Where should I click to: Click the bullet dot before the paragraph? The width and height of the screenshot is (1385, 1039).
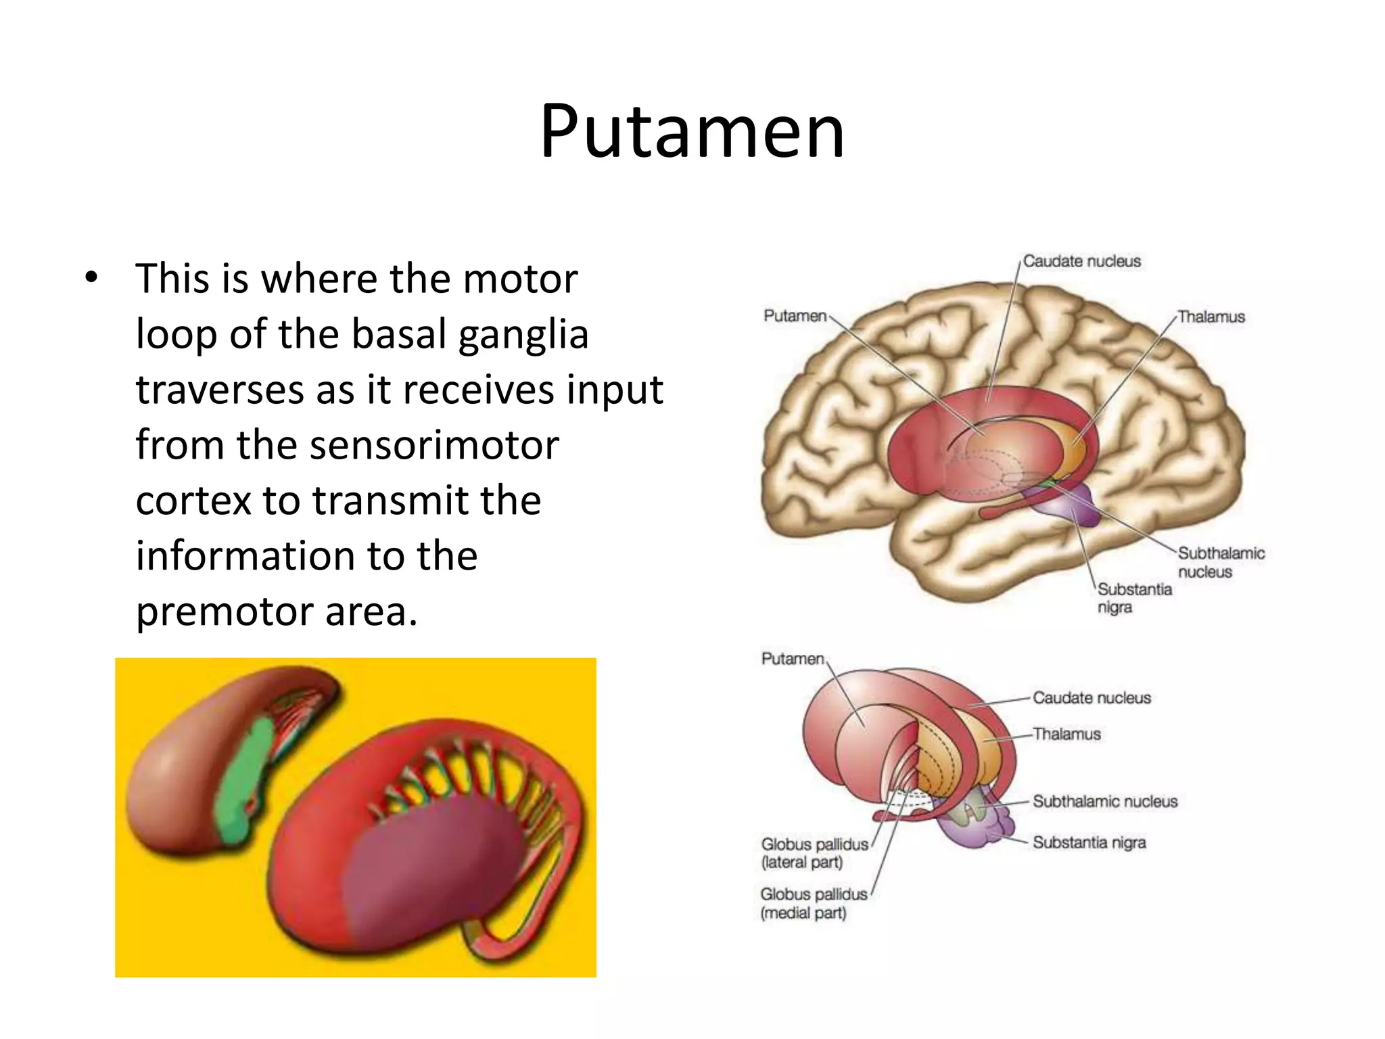pyautogui.click(x=91, y=278)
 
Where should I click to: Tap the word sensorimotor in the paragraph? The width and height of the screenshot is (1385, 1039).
pyautogui.click(x=434, y=446)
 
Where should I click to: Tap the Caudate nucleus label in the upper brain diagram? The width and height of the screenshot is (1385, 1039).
pyautogui.click(x=1081, y=261)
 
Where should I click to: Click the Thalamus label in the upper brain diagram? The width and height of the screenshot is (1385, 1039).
pyautogui.click(x=1211, y=317)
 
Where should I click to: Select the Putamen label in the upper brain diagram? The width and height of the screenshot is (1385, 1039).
pyautogui.click(x=795, y=316)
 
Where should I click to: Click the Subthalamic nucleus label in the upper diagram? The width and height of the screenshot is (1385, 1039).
pyautogui.click(x=1221, y=562)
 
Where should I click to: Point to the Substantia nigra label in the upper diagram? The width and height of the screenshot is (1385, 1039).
pyautogui.click(x=1134, y=598)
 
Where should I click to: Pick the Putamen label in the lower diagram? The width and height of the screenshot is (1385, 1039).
pyautogui.click(x=793, y=659)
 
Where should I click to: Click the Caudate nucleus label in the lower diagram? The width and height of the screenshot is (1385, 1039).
pyautogui.click(x=1091, y=697)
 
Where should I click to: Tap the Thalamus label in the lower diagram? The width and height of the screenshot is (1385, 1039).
pyautogui.click(x=1066, y=734)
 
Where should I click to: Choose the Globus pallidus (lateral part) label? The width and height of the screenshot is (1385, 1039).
pyautogui.click(x=814, y=853)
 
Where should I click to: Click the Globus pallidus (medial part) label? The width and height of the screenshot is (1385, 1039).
pyautogui.click(x=814, y=903)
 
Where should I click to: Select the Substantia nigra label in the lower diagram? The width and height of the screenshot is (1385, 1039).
pyautogui.click(x=1089, y=842)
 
